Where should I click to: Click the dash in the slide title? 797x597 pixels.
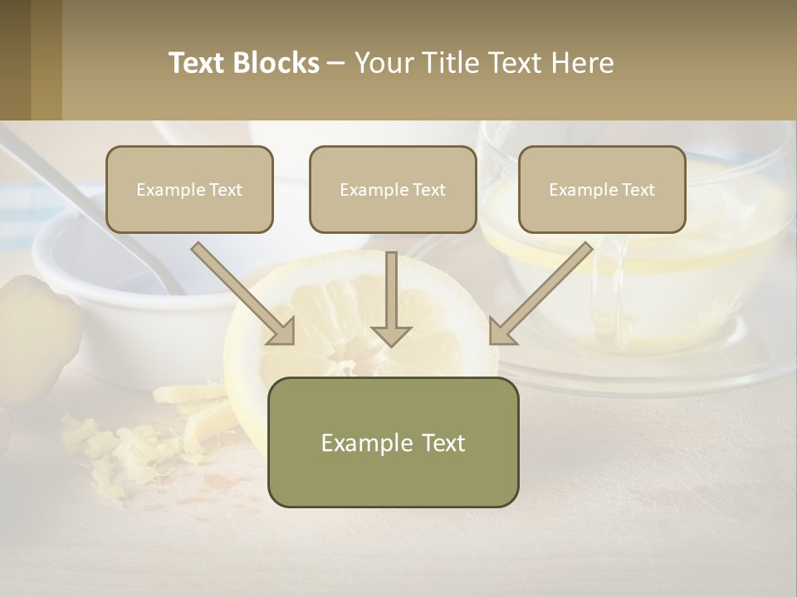337,63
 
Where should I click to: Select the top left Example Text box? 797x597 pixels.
189,190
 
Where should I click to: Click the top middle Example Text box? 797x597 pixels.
393,190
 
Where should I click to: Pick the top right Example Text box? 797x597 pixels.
602,190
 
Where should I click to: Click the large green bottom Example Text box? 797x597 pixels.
393,442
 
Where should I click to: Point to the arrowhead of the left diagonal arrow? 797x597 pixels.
282,332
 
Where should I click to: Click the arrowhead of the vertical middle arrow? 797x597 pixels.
391,335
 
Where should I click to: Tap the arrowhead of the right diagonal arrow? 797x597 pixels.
502,332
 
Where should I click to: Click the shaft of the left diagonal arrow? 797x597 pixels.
237,286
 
